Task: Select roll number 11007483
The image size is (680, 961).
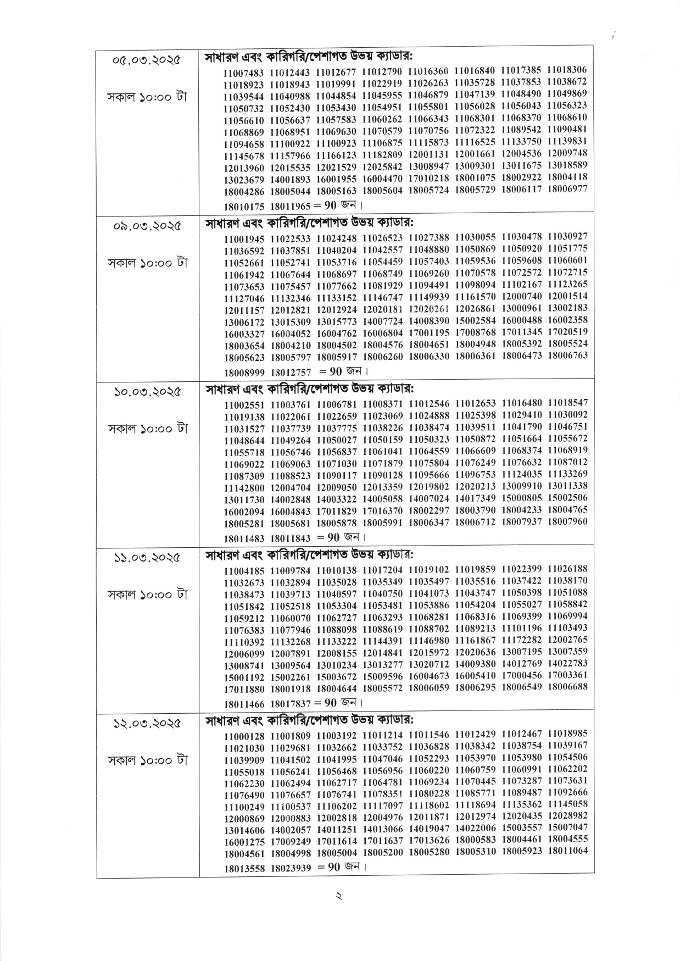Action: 244,73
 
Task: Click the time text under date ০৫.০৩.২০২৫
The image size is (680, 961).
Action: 147,97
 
